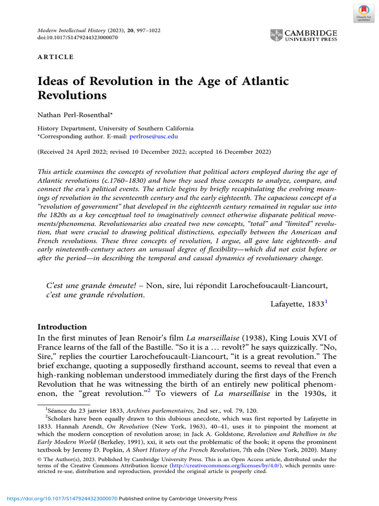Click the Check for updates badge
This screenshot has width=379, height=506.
coord(364,13)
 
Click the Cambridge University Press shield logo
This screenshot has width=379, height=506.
coord(277,35)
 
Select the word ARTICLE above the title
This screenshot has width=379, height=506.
coord(56,57)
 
